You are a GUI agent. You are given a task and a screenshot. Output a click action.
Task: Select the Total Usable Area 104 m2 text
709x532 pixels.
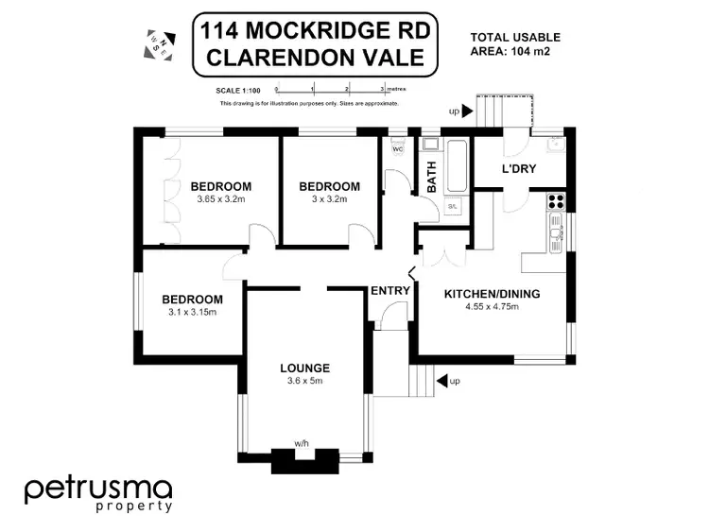515,44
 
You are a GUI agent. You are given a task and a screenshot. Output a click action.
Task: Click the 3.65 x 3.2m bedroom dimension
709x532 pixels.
220,199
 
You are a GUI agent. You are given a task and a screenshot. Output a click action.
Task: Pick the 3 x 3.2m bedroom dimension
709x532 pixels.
329,199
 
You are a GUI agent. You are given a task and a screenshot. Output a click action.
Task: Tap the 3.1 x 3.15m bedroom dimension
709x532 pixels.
192,312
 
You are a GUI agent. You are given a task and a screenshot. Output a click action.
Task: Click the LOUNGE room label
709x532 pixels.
304,368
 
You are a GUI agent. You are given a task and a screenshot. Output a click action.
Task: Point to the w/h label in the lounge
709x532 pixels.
302,442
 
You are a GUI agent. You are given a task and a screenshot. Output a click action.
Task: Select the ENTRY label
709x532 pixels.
389,290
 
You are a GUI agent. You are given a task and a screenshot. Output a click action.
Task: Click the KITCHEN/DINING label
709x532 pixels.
493,294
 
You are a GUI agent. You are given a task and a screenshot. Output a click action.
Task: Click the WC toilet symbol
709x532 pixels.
396,148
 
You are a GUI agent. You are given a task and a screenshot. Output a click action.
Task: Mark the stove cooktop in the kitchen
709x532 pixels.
556,199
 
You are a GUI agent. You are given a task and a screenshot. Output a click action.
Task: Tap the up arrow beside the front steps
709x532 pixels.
441,382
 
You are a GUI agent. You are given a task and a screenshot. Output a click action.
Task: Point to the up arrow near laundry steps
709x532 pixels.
464,112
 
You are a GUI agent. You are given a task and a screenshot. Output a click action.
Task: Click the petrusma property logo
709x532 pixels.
98,494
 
